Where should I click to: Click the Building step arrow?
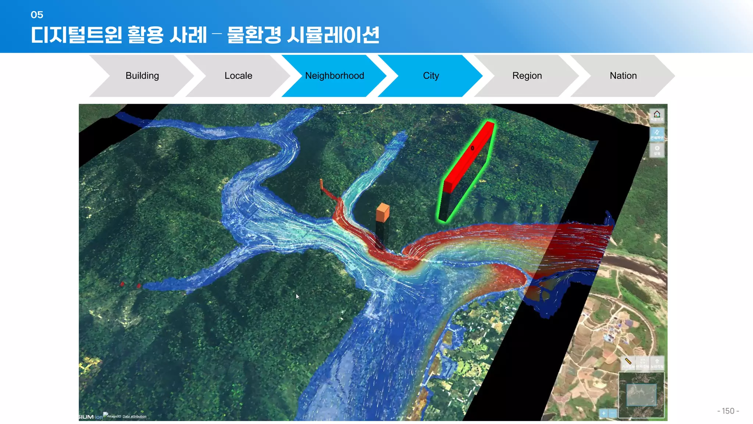click(x=142, y=76)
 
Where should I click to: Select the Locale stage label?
click(x=238, y=76)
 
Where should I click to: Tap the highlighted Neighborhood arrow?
click(x=334, y=76)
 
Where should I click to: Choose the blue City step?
click(x=431, y=76)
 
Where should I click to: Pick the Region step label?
click(x=527, y=76)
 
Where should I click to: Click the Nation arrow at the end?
click(x=623, y=76)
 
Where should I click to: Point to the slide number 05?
click(x=37, y=15)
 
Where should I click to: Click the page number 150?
click(x=728, y=411)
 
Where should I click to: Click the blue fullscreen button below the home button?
click(x=657, y=133)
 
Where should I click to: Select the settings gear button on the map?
click(x=657, y=150)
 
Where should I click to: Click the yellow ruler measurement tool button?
click(x=628, y=363)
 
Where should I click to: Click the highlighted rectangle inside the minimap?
click(x=641, y=395)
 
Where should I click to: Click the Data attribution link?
click(x=134, y=416)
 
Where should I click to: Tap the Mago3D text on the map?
click(x=114, y=416)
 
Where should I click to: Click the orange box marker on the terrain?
click(x=382, y=212)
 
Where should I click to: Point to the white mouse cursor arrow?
click(x=297, y=296)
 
